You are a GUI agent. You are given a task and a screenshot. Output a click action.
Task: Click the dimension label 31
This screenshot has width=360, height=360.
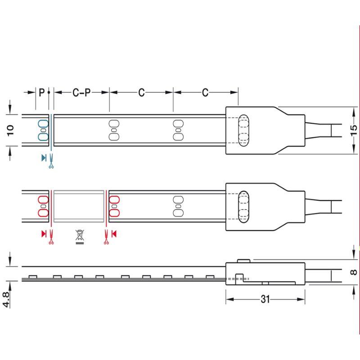click(265, 299)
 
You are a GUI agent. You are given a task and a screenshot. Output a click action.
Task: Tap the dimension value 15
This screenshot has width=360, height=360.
click(354, 130)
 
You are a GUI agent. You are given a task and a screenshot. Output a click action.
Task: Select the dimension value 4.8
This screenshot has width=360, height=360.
click(6, 299)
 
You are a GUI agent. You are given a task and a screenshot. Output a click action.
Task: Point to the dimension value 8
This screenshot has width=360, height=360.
click(354, 272)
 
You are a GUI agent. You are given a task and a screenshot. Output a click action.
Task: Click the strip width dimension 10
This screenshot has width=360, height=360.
click(10, 130)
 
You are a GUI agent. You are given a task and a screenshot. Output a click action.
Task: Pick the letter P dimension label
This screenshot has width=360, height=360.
click(41, 93)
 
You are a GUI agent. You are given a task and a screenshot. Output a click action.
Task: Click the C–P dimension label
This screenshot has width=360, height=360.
click(81, 93)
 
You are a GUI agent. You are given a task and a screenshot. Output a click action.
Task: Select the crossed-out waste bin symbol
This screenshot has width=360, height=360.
click(80, 237)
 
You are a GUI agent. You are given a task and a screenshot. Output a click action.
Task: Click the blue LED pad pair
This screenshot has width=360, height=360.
click(43, 130)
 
